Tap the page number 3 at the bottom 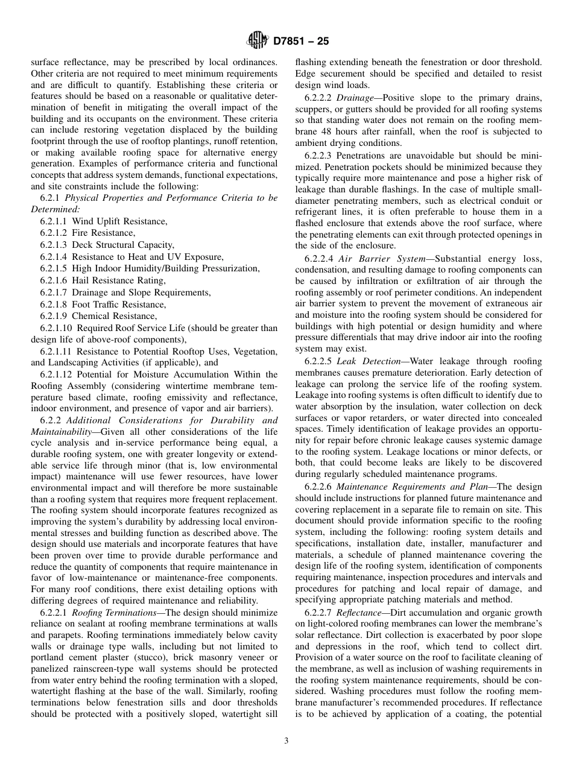286,741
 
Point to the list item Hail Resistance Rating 118,280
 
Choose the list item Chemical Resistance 114,316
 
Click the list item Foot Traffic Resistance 118,305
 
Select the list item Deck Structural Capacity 122,245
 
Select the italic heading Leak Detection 368,361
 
